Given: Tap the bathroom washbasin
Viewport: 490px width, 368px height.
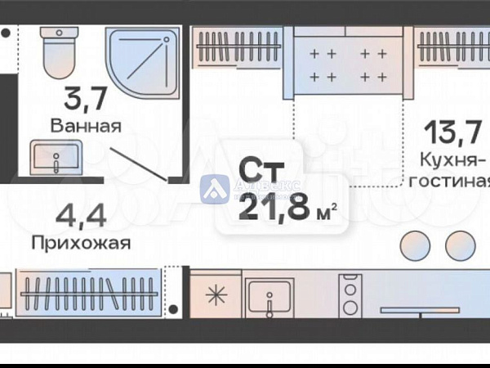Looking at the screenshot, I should (x=56, y=156).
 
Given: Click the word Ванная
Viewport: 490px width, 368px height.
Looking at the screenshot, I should (x=86, y=127).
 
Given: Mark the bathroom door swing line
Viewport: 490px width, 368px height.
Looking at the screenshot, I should (x=139, y=164).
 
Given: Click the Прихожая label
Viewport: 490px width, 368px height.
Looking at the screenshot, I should (x=81, y=243).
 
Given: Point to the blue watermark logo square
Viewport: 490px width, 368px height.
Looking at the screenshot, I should (x=214, y=189).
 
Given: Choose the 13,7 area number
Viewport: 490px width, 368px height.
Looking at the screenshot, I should (x=454, y=131).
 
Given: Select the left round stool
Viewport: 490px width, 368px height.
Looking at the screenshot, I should (x=416, y=245).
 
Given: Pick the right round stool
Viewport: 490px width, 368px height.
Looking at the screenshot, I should (x=460, y=245).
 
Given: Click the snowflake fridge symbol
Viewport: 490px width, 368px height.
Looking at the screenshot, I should (x=216, y=294).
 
